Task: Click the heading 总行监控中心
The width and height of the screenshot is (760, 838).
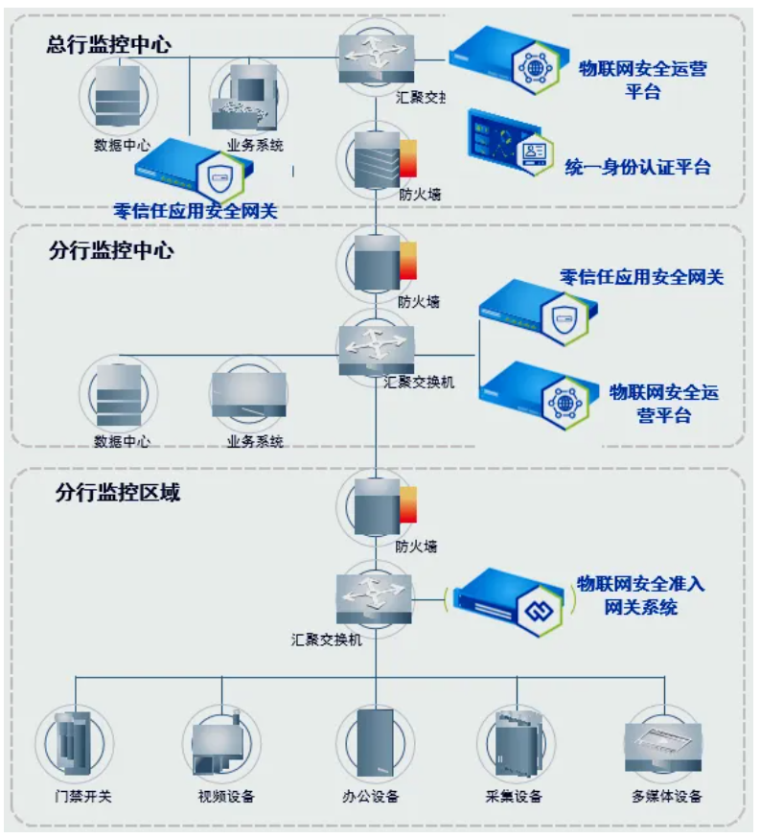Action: [108, 45]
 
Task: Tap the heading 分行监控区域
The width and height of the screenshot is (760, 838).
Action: [117, 494]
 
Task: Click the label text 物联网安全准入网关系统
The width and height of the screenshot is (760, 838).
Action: [640, 595]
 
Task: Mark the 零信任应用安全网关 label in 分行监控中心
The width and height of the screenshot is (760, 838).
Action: [641, 278]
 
